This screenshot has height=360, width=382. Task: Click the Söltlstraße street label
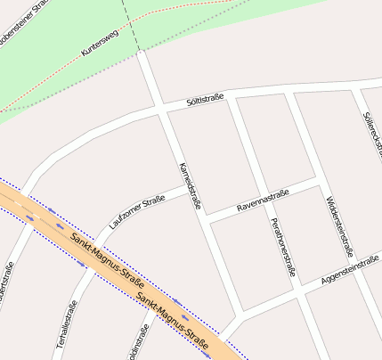pos(205,100)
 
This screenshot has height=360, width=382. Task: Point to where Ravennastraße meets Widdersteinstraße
pos(318,181)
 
